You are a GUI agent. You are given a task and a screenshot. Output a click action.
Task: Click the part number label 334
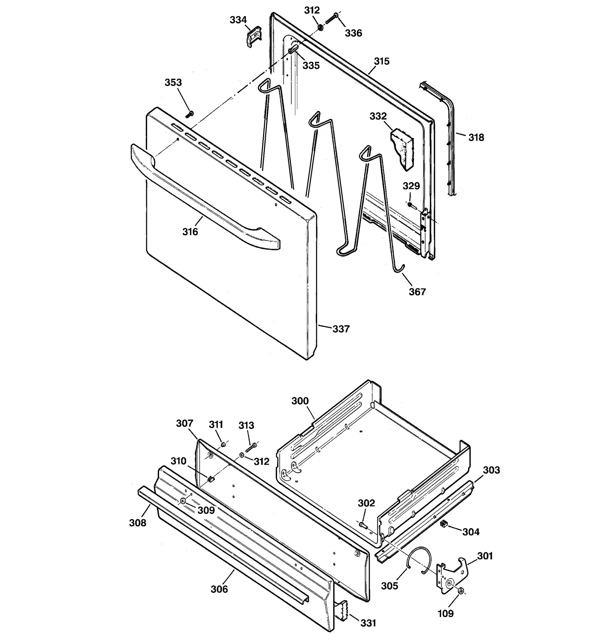tap(238, 20)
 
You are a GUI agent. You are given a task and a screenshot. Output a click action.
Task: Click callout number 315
tap(381, 61)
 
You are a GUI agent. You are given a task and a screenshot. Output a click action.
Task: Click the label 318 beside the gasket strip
tap(476, 137)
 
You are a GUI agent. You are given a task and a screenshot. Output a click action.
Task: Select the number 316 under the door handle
tap(190, 232)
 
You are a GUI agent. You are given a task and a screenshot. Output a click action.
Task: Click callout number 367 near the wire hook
tap(417, 292)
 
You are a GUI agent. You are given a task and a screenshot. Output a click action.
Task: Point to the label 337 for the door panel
tap(341, 329)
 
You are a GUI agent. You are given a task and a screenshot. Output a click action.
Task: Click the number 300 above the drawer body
tap(300, 401)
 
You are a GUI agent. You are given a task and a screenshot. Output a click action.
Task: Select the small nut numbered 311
tap(223, 445)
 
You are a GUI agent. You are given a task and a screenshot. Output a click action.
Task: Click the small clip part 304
tap(444, 523)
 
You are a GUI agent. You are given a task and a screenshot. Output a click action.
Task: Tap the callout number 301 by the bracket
tap(485, 556)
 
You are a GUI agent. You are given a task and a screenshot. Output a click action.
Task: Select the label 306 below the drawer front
tap(219, 589)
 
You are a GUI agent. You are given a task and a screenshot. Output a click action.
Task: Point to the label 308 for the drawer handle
tap(138, 523)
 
